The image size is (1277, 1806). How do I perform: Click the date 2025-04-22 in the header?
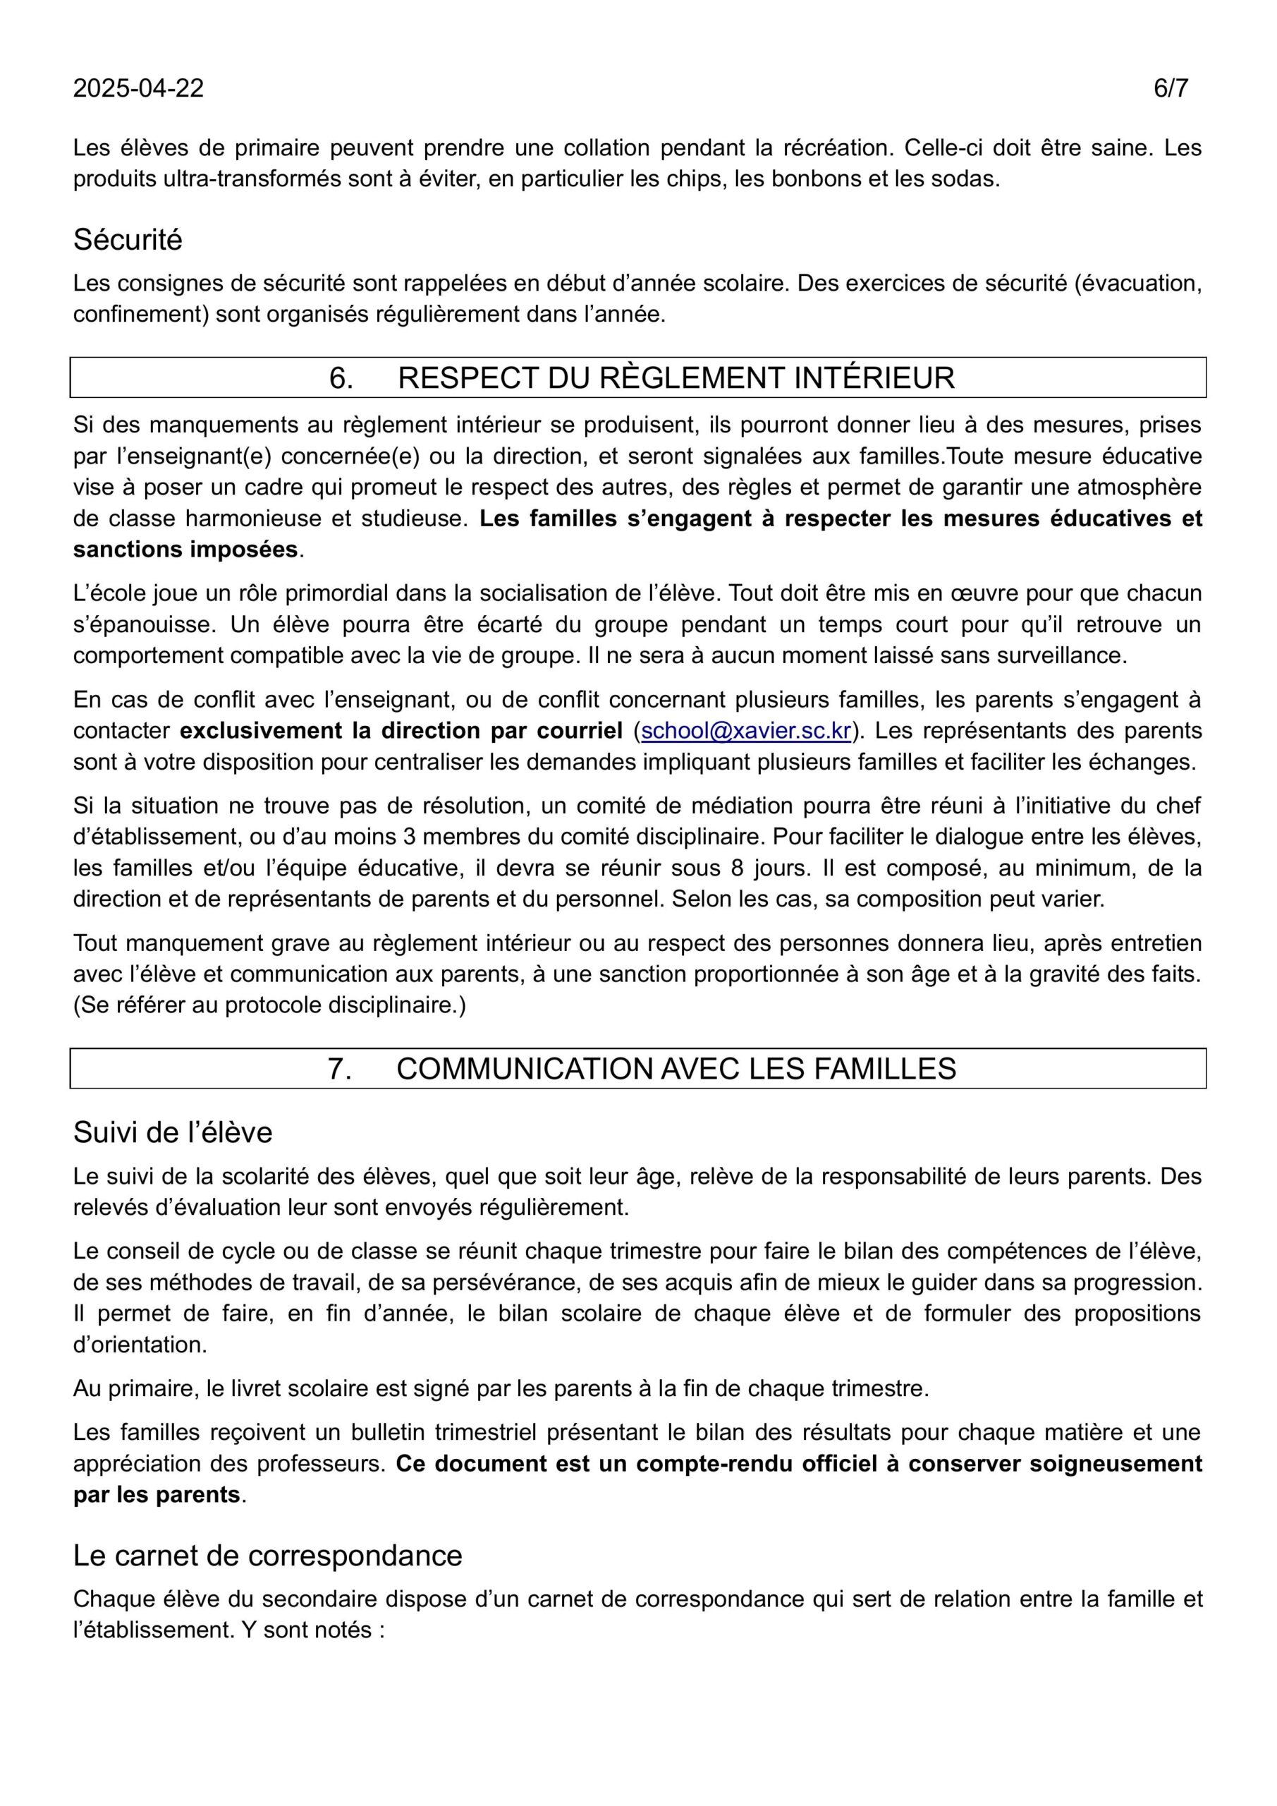pos(138,88)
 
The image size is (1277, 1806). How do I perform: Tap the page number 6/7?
pos(1170,88)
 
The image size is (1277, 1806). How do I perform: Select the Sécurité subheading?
pos(128,240)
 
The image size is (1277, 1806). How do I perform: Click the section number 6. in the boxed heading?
pos(341,378)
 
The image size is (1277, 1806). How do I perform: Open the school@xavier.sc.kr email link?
pos(746,731)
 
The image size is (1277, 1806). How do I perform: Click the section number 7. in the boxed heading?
pos(340,1069)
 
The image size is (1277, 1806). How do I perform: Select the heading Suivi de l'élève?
pos(172,1133)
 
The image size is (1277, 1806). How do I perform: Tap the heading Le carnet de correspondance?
pos(267,1556)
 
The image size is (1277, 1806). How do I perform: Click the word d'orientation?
pos(139,1345)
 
